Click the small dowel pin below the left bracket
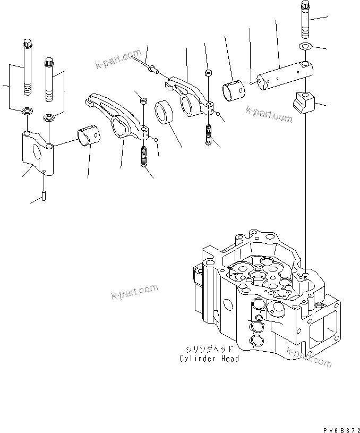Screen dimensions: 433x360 44,194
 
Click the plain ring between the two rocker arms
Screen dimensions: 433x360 165,113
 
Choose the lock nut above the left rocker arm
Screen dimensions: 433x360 143,99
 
